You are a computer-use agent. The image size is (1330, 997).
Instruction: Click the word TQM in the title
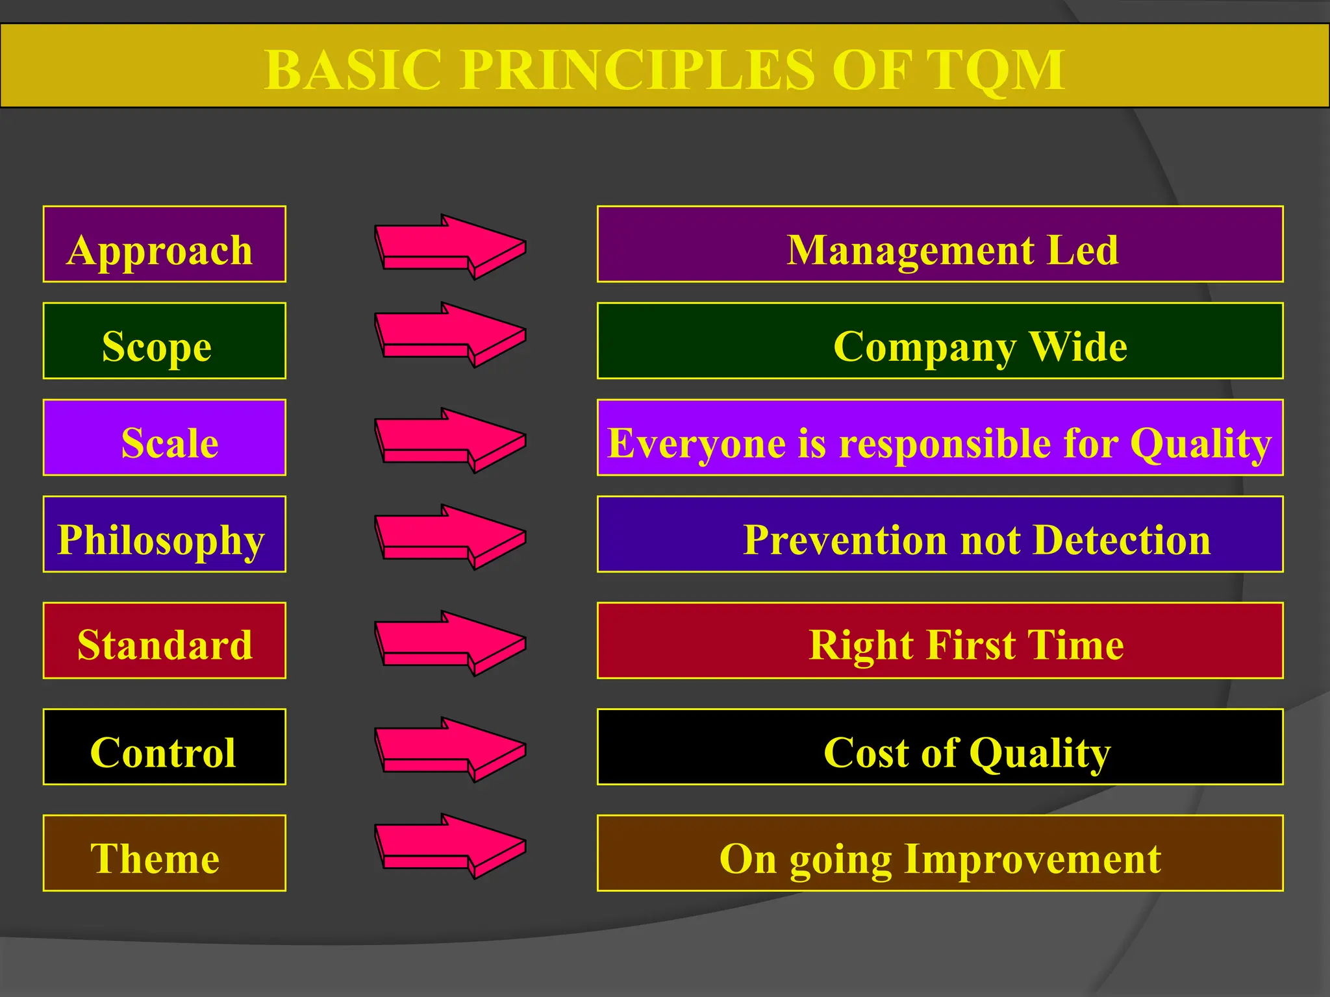[995, 70]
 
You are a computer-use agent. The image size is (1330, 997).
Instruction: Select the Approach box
[164, 244]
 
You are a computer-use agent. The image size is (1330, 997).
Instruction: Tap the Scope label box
[164, 341]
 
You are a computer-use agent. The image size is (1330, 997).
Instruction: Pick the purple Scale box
[164, 437]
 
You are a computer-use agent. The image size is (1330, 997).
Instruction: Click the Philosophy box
[164, 534]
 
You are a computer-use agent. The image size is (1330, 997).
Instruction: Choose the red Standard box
[164, 641]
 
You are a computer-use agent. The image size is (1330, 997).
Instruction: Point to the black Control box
[164, 747]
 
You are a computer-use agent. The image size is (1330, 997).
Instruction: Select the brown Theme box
[164, 853]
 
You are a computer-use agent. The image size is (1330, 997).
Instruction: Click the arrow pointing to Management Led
[450, 247]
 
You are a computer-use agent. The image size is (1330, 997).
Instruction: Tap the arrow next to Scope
[450, 335]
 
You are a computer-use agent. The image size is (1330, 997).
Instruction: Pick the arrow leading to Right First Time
[450, 643]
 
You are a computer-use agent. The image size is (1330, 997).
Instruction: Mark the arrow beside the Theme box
[450, 846]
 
